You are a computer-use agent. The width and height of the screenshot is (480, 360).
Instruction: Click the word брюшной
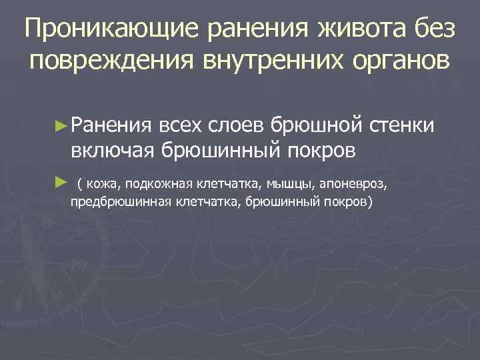tap(309, 124)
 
